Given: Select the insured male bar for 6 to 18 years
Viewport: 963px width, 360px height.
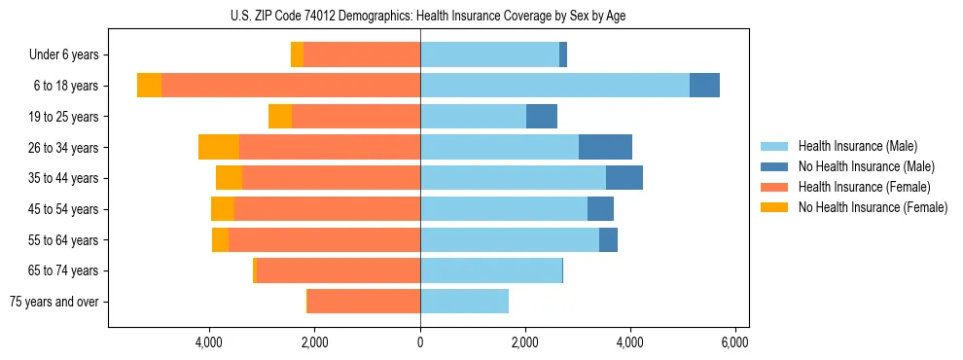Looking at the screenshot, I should click(554, 86).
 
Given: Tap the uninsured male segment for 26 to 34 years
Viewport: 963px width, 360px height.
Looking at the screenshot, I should click(605, 147).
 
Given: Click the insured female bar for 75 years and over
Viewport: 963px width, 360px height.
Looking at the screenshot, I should click(364, 302).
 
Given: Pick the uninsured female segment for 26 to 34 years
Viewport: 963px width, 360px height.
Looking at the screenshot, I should click(219, 147).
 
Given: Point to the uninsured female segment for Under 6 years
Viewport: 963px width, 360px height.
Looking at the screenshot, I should click(297, 54).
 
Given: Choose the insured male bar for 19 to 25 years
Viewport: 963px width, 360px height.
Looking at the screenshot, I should click(473, 117).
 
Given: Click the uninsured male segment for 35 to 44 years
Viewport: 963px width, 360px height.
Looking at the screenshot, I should click(624, 178).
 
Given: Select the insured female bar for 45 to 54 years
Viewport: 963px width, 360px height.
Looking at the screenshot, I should click(327, 209).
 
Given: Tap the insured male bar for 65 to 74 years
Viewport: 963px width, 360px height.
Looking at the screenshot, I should click(491, 270).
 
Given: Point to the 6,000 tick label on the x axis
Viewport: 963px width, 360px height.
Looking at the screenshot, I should click(734, 342).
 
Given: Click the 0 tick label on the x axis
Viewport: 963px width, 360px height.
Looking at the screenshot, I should click(420, 342).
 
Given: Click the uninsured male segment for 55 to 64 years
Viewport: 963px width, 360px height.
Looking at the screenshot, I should click(608, 240).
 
